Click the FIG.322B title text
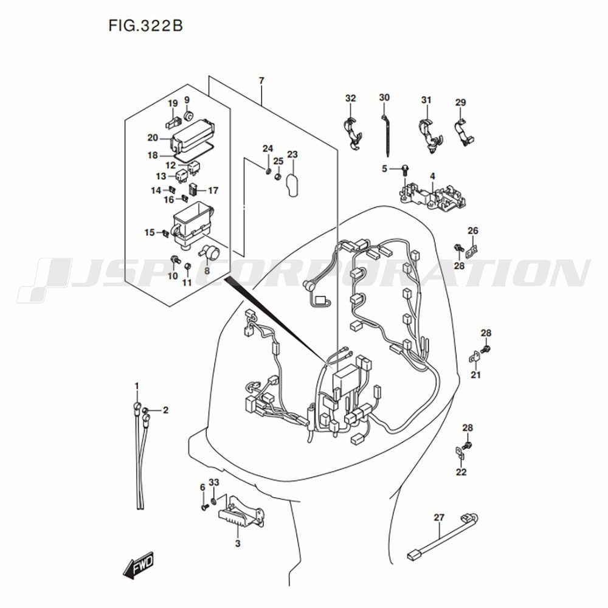(x=146, y=26)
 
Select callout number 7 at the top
(x=261, y=81)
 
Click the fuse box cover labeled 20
(x=193, y=136)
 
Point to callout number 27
(x=439, y=517)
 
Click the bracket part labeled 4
(x=435, y=195)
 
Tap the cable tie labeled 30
(x=387, y=134)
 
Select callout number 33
(x=213, y=482)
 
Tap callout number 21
(x=475, y=375)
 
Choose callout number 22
(x=461, y=472)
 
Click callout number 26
(x=472, y=230)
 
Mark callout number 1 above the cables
(x=137, y=386)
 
